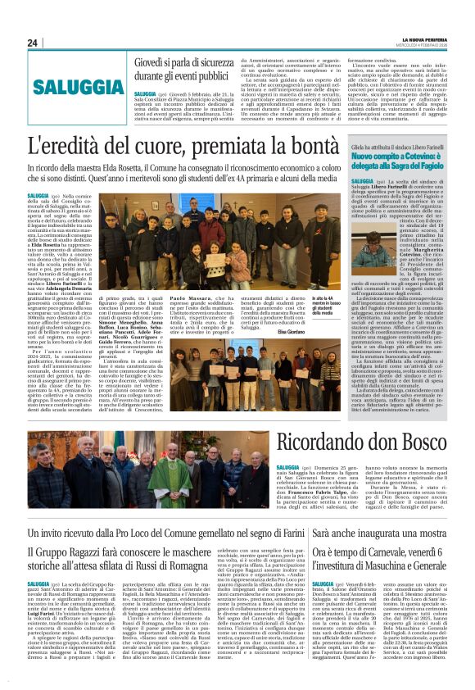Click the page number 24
33,43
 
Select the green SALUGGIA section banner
68,84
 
